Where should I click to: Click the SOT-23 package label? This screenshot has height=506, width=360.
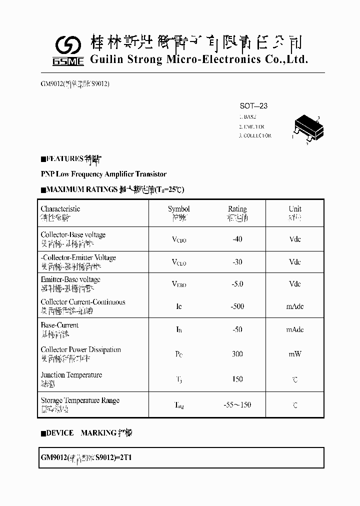tap(253, 106)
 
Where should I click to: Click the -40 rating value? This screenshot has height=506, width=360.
tap(237, 239)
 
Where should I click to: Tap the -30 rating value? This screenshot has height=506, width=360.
tap(237, 261)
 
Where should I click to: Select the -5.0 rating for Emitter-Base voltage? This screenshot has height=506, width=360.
tap(237, 284)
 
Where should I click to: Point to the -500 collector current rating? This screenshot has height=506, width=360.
tap(237, 306)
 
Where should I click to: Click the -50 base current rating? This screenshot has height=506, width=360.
tap(237, 329)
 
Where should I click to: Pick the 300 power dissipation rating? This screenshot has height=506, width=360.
tap(237, 354)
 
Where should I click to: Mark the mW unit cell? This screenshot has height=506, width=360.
tap(295, 354)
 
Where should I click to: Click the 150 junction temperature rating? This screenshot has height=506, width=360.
tap(237, 379)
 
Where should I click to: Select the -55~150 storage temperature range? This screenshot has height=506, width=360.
tap(237, 404)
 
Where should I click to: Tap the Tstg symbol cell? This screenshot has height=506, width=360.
tap(178, 405)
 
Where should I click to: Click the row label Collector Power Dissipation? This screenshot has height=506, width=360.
tap(80, 349)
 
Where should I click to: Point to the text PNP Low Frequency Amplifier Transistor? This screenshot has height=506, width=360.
tap(103, 174)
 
